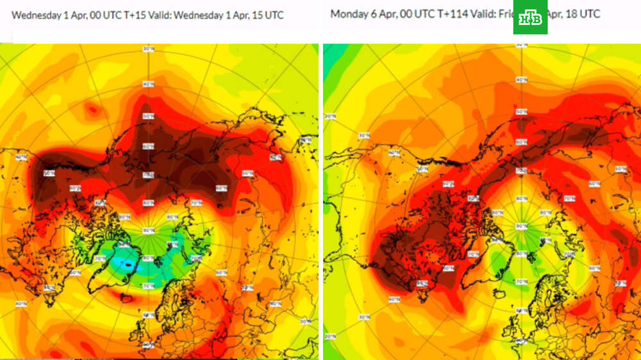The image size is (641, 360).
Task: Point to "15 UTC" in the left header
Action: point(269,15)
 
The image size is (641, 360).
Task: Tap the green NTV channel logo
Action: point(530,17)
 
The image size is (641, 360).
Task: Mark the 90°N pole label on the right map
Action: point(520,226)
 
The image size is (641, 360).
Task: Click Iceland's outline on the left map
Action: point(122,295)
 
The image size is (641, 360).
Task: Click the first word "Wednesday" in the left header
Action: point(36,15)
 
